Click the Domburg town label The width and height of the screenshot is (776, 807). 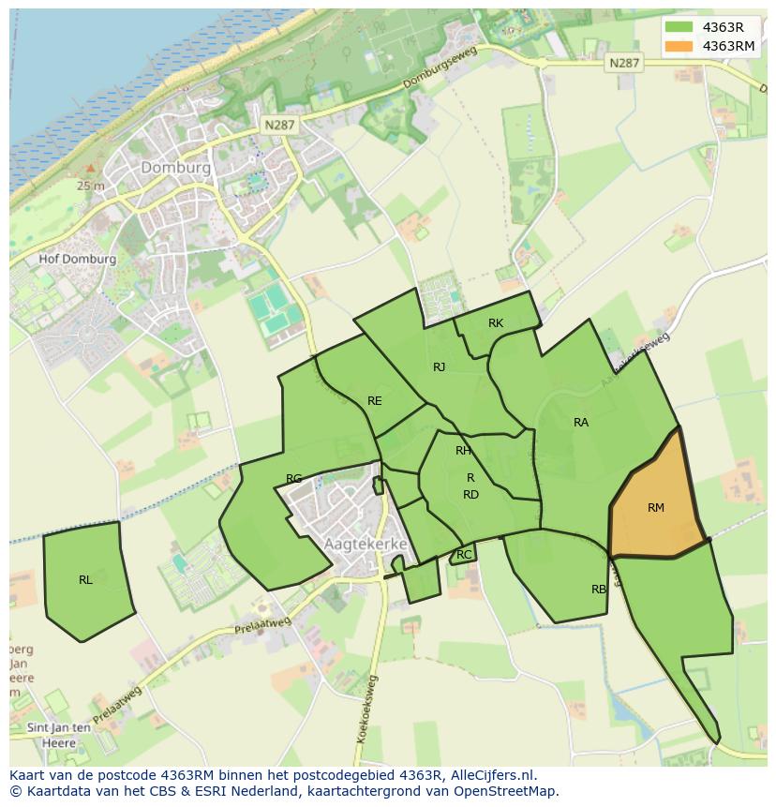pyautogui.click(x=175, y=167)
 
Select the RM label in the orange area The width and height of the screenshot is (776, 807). pyautogui.click(x=655, y=508)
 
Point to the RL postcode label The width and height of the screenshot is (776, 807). pyautogui.click(x=85, y=580)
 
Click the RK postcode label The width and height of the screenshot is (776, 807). pyautogui.click(x=496, y=323)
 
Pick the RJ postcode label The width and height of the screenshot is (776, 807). pyautogui.click(x=439, y=367)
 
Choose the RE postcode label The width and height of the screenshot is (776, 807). pyautogui.click(x=374, y=401)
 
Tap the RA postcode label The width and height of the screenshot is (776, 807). pyautogui.click(x=581, y=423)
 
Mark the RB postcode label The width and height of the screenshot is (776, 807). pyautogui.click(x=598, y=590)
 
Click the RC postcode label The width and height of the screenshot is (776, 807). pyautogui.click(x=464, y=555)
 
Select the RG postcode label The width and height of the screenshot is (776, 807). pyautogui.click(x=293, y=479)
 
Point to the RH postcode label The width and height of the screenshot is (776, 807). pyautogui.click(x=463, y=451)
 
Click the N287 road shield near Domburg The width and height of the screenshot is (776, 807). pyautogui.click(x=279, y=124)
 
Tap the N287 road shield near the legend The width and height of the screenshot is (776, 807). pyautogui.click(x=623, y=63)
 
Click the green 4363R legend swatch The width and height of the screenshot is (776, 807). pyautogui.click(x=679, y=27)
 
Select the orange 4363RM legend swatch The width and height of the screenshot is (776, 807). pyautogui.click(x=679, y=46)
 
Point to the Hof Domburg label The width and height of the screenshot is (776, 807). pyautogui.click(x=78, y=260)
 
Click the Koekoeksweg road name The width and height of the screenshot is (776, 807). pyautogui.click(x=366, y=709)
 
